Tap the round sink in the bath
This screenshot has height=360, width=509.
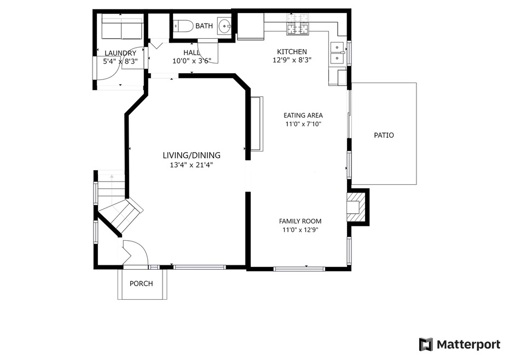(x=224, y=26)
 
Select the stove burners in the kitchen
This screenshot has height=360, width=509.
(x=297, y=25)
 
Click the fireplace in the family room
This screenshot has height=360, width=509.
(x=355, y=207)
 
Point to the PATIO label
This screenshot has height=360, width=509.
(x=384, y=135)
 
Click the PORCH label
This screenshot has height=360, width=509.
(x=141, y=283)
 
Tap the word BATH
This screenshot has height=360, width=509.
(x=204, y=26)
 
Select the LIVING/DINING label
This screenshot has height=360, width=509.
(x=192, y=155)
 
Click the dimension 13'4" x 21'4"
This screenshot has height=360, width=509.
(x=192, y=165)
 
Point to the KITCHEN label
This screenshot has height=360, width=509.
(x=292, y=51)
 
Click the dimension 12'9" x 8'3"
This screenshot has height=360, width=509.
(x=292, y=60)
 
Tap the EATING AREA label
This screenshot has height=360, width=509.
(x=303, y=115)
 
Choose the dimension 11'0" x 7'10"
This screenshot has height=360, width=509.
(x=303, y=124)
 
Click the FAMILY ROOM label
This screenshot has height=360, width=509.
(x=300, y=221)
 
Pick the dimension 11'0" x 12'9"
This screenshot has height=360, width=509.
(x=300, y=230)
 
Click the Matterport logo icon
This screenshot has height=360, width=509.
(x=426, y=345)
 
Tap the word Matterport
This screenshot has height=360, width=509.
(x=468, y=345)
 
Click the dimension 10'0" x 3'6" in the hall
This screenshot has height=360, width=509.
(x=192, y=60)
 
